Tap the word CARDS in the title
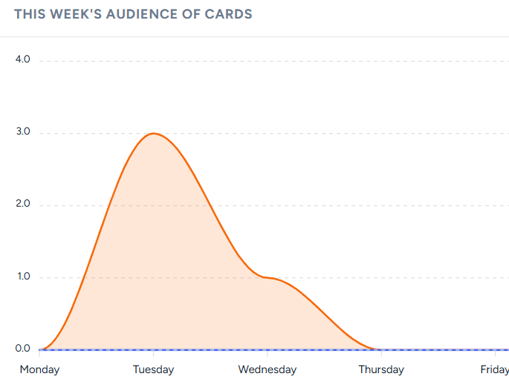229,14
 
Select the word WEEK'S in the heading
73,14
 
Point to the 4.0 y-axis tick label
22,59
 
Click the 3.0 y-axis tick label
22,132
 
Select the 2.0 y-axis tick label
22,204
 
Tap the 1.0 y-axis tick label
22,277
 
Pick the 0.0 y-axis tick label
22,349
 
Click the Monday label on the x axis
39,369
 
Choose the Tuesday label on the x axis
153,369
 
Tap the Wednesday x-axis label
268,369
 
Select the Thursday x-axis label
381,369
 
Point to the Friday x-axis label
494,369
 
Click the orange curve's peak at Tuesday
154,133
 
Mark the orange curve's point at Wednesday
268,278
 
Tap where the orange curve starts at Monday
40,349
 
